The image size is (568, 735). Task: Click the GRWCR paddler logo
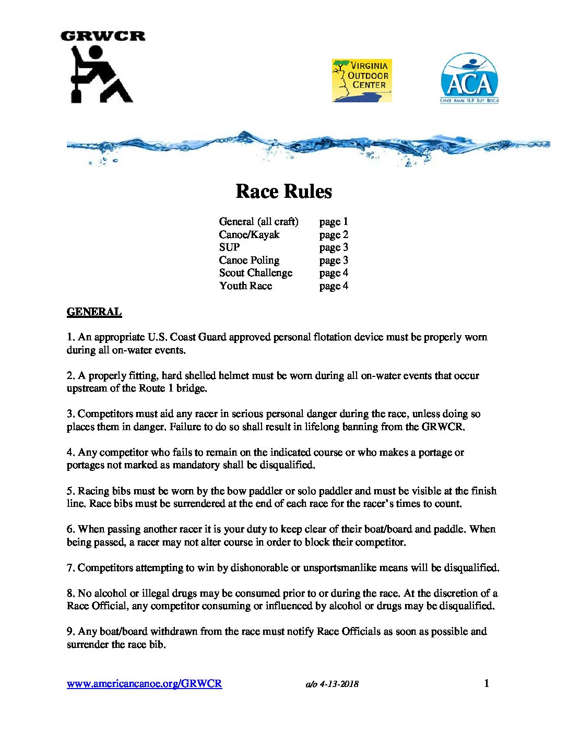[102, 68]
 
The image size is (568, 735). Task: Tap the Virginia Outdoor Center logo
[362, 80]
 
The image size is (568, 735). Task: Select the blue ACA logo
[469, 78]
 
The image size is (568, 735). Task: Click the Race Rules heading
[283, 192]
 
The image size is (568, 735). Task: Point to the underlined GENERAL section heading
[94, 312]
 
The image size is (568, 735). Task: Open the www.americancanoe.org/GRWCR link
[144, 684]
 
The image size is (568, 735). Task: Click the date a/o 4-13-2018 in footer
[332, 684]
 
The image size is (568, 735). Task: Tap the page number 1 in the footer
[487, 683]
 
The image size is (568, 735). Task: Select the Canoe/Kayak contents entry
[249, 235]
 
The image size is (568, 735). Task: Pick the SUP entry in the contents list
[229, 247]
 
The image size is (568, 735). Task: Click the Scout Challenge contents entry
[255, 273]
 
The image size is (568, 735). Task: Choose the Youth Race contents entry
[245, 286]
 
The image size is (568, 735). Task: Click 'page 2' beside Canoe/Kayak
[334, 235]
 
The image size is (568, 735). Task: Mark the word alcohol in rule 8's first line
[111, 594]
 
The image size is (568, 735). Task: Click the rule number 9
[70, 632]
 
